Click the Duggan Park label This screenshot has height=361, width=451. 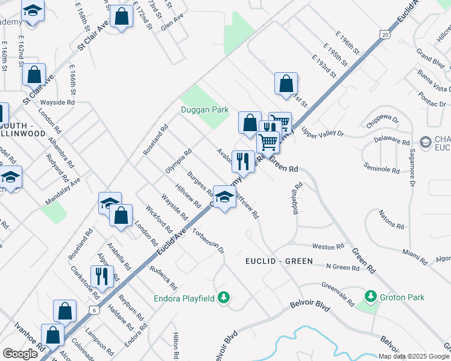tap(204, 110)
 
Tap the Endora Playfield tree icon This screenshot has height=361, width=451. tap(224, 297)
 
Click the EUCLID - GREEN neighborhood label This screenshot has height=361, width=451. tap(279, 261)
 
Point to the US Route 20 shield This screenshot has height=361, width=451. tap(385, 35)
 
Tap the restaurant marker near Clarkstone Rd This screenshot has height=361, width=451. tap(101, 277)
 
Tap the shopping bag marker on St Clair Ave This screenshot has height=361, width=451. tap(34, 75)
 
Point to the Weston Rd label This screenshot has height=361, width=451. tap(328, 247)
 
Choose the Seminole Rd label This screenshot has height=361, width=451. tap(382, 167)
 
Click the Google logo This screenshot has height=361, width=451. tap(20, 354)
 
